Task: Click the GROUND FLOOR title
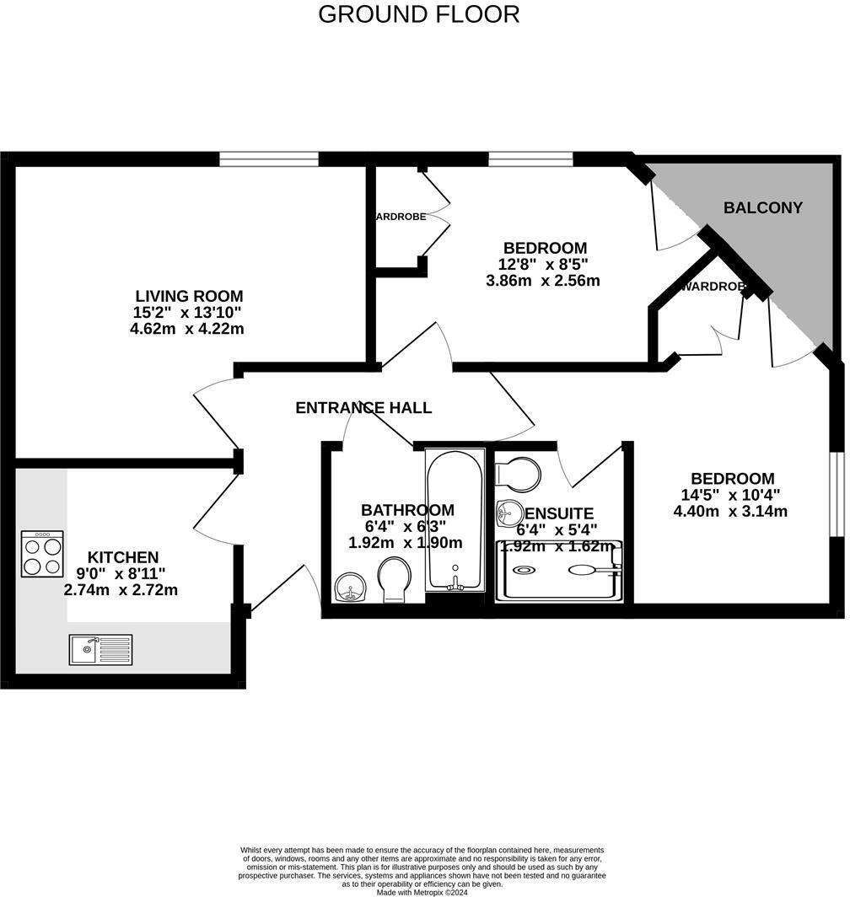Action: point(418,14)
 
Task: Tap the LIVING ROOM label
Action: point(189,296)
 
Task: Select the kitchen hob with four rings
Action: point(42,554)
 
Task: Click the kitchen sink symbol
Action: point(100,649)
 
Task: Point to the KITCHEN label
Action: point(123,557)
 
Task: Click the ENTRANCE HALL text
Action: point(363,408)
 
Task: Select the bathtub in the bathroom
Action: point(455,520)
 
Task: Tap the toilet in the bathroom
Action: point(395,581)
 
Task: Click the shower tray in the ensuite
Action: point(558,572)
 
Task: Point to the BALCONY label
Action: point(762,207)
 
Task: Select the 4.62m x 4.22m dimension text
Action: point(186,329)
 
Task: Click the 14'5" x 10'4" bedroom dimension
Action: point(731,495)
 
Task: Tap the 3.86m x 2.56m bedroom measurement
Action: point(543,281)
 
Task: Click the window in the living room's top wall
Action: point(269,158)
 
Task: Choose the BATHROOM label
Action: point(407,510)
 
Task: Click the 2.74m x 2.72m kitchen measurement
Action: point(121,590)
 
